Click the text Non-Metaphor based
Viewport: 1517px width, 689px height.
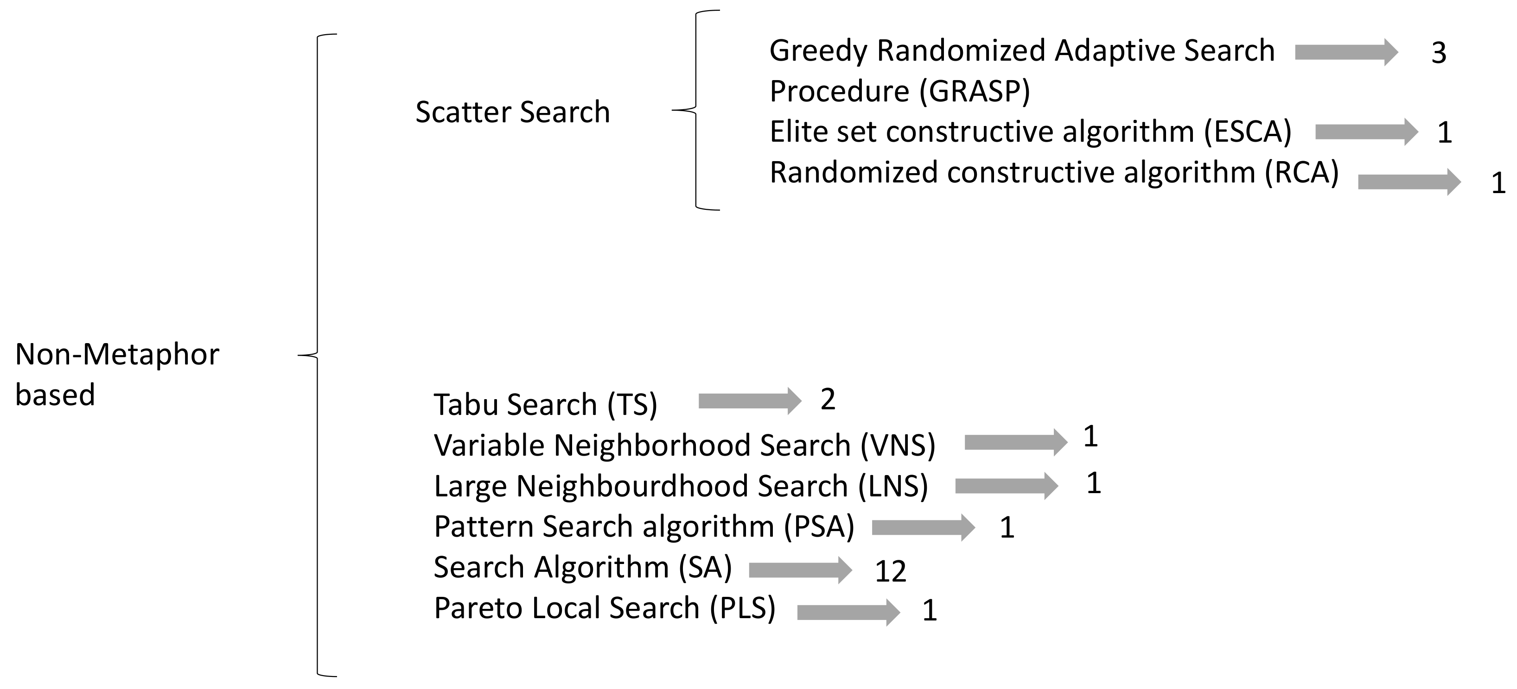[x=116, y=374]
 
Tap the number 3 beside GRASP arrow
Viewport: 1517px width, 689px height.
[x=1439, y=54]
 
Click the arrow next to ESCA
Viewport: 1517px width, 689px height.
[x=1366, y=132]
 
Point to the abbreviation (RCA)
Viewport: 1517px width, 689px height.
[x=1302, y=172]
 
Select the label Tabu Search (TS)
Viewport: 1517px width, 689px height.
[x=545, y=405]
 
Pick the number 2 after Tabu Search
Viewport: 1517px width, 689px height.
[x=828, y=400]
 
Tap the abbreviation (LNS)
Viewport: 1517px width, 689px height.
[x=893, y=486]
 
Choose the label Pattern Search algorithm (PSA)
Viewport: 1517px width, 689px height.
[x=644, y=526]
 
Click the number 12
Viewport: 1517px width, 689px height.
[x=890, y=571]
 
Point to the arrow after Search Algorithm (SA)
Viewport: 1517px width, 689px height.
[x=800, y=570]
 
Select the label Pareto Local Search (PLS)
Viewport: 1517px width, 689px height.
[x=604, y=608]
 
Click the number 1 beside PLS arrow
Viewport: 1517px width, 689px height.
[x=929, y=611]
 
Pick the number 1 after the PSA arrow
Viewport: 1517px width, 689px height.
[x=1007, y=528]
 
